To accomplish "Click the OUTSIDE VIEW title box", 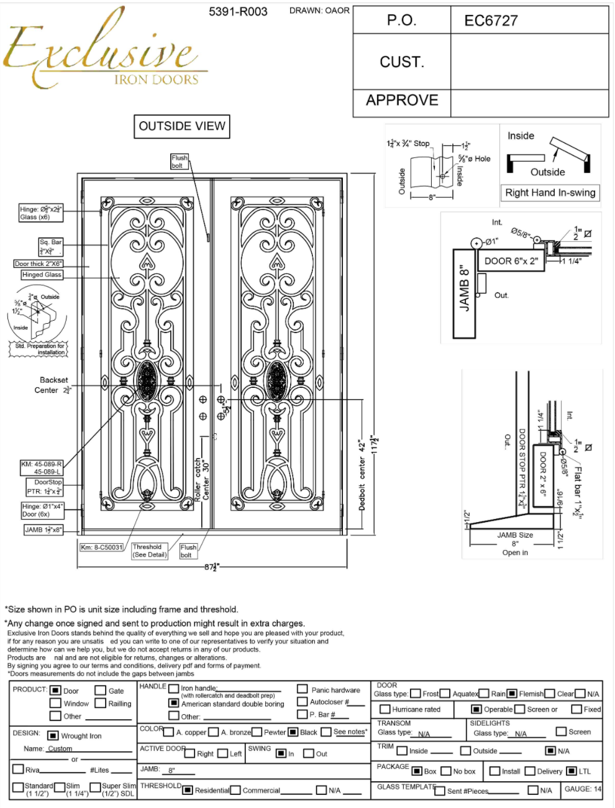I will pyautogui.click(x=182, y=126).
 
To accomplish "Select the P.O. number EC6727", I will pyautogui.click(x=491, y=21).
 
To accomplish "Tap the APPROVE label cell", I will pyautogui.click(x=402, y=101).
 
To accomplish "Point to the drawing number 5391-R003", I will pyautogui.click(x=238, y=11).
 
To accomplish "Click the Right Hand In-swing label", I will pyautogui.click(x=550, y=193).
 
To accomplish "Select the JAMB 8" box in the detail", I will pyautogui.click(x=464, y=293).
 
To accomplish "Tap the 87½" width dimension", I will pyautogui.click(x=212, y=567).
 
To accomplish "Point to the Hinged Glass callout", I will pyautogui.click(x=42, y=275).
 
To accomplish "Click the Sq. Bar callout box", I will pyautogui.click(x=51, y=247).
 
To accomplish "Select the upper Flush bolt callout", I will pyautogui.click(x=179, y=162).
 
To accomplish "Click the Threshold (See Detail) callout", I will pyautogui.click(x=149, y=551).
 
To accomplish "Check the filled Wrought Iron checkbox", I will pyautogui.click(x=53, y=736).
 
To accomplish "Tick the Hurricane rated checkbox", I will pyautogui.click(x=385, y=709).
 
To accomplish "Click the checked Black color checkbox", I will pyautogui.click(x=293, y=732).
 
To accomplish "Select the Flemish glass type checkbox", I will pyautogui.click(x=512, y=694).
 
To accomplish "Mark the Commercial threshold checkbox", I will pyautogui.click(x=235, y=791).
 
